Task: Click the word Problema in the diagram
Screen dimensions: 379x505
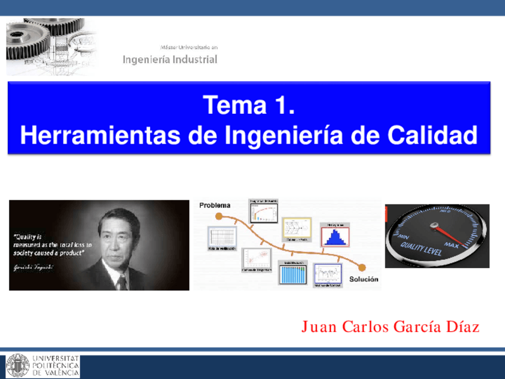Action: coord(215,205)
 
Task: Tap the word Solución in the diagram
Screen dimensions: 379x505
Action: coord(363,279)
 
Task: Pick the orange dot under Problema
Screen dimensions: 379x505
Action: coord(219,216)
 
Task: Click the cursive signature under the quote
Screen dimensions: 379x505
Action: coord(33,267)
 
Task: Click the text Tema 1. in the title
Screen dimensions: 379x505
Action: coord(249,106)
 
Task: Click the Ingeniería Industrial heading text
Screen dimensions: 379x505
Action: coord(170,60)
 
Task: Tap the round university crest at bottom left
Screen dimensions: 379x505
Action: coord(17,365)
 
